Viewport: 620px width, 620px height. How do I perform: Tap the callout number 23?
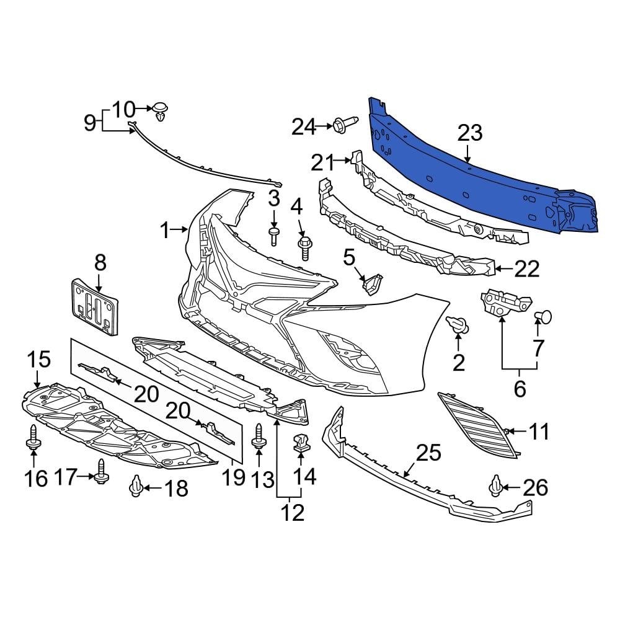point(470,133)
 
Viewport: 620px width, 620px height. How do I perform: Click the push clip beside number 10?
point(162,111)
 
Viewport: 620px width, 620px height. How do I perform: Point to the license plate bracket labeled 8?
point(95,308)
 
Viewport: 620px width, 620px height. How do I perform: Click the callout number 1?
point(164,231)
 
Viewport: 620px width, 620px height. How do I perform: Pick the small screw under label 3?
point(273,235)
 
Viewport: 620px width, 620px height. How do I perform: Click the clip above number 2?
point(458,324)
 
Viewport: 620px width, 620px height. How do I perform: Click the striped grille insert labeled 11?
point(476,423)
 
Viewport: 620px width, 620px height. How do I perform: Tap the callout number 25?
point(428,453)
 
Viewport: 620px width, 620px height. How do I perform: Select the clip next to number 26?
point(497,486)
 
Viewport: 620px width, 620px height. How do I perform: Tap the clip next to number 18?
point(136,488)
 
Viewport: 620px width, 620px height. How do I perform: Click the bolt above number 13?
point(259,436)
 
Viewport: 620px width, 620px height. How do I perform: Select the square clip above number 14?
point(300,443)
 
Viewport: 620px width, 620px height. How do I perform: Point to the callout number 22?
point(526,270)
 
